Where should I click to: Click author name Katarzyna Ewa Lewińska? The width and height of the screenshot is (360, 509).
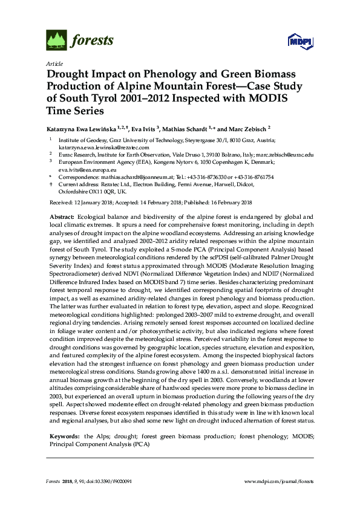coord(87,129)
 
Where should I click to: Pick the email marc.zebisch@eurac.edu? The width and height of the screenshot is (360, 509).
coord(284,154)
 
